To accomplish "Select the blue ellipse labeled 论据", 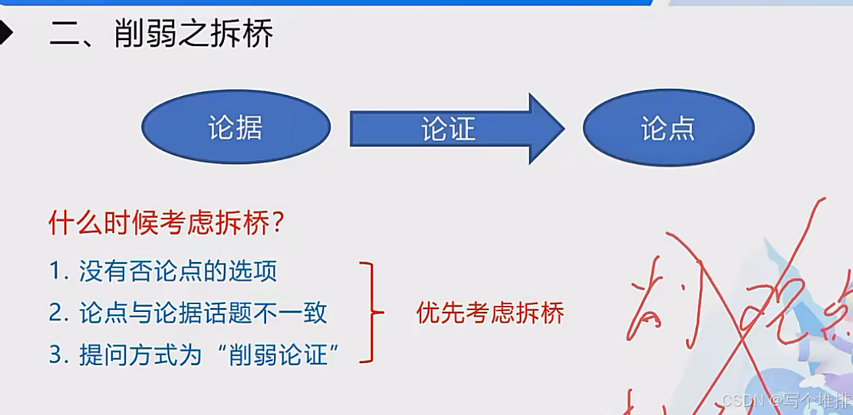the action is point(236,128).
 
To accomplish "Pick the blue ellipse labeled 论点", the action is point(668,128).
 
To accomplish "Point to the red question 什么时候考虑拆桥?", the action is point(167,224).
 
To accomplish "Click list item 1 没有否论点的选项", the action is point(163,271).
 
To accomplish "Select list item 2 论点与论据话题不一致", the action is point(188,313).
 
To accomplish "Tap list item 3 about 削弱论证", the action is point(195,355).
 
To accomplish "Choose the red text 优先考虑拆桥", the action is point(490,313).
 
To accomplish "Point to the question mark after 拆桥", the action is point(278,224).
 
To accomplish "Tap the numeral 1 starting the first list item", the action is point(55,272).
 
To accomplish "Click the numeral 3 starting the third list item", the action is point(55,355).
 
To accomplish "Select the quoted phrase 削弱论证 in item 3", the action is point(278,355).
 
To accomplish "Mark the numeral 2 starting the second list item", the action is point(56,314).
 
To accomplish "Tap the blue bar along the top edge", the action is point(325,3).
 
